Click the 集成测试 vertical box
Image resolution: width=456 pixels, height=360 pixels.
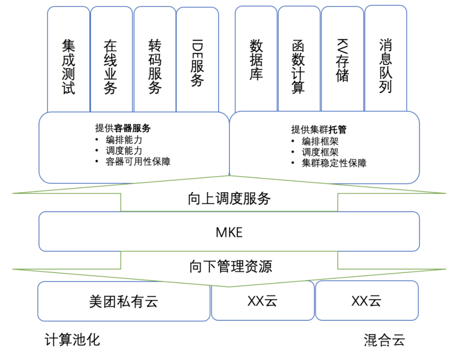coord(69,60)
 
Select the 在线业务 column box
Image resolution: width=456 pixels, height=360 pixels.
coord(111,60)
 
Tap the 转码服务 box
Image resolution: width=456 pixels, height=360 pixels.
coord(155,60)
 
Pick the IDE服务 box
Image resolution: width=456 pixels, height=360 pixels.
coord(197,60)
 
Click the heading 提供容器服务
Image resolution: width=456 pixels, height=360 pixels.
coord(123,128)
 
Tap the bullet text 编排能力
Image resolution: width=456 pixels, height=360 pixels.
coord(124,140)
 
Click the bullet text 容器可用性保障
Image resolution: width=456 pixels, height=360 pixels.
coord(138,161)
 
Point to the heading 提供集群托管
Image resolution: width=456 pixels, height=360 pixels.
coord(319,129)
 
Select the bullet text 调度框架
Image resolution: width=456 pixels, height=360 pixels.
coord(320,152)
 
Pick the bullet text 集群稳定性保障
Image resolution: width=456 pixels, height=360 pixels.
coord(334,163)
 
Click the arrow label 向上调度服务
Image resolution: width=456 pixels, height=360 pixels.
coord(229,199)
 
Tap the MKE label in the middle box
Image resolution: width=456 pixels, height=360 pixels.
coord(229,232)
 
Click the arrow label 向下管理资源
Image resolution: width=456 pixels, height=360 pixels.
coord(231,266)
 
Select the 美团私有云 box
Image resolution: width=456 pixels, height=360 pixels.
coord(124,301)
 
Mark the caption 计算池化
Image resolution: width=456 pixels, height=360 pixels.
coord(72,340)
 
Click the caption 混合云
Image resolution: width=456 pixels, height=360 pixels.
coord(384,340)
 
